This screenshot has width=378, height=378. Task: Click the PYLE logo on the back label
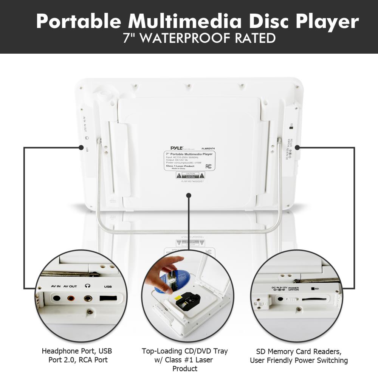pos(174,149)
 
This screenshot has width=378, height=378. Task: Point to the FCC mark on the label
pos(208,166)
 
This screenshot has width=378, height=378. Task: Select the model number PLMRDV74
pos(209,149)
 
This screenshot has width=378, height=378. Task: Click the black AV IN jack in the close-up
pos(56,297)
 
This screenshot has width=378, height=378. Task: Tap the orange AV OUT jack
pos(70,298)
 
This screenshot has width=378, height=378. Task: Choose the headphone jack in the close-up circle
pos(88,298)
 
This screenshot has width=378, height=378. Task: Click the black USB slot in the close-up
pos(108,298)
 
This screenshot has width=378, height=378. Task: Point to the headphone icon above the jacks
pos(88,287)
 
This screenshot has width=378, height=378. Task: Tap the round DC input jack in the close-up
pos(280,299)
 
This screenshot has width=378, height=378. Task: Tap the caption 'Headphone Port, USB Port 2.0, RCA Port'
pos(77,355)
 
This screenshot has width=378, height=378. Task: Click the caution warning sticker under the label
pos(191,175)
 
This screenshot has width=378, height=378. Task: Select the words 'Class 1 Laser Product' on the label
pos(180,166)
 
